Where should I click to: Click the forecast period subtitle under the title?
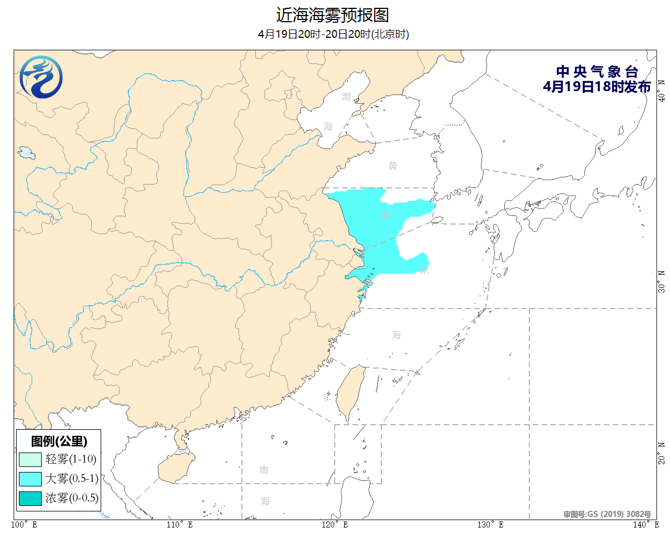coord(334,34)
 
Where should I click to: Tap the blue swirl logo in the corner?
coord(41,77)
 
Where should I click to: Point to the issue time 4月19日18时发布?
coord(597,87)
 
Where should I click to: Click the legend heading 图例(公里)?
coord(58,441)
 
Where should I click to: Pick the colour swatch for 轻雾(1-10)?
coord(30,459)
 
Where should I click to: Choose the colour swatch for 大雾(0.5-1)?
coord(30,478)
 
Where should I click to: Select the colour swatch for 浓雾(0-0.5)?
coord(30,498)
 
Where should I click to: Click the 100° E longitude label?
coord(24,525)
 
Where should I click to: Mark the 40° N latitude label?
coord(661,89)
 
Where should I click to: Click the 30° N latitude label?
coord(661,280)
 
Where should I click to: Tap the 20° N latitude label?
coord(661,453)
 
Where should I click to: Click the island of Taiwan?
coord(351,392)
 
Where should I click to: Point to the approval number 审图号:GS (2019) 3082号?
coord(607,515)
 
